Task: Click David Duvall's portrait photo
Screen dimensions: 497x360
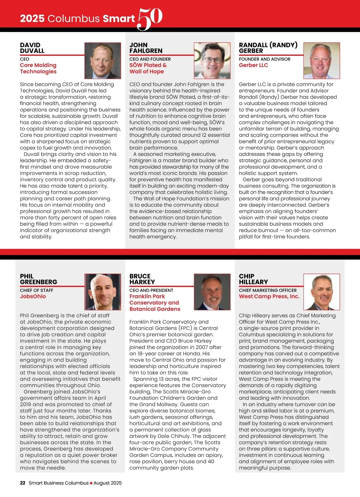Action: click(x=103, y=61)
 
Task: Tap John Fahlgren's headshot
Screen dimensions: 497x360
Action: click(x=212, y=61)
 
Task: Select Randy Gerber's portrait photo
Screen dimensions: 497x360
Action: click(x=322, y=61)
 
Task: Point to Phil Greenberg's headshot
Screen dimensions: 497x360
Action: click(x=103, y=292)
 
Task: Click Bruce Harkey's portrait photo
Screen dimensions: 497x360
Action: click(x=212, y=292)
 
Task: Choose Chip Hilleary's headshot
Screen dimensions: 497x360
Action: click(x=322, y=292)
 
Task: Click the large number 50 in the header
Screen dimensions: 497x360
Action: click(x=150, y=19)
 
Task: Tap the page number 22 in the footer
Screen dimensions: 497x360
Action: click(x=22, y=483)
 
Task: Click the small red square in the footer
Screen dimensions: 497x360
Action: click(x=91, y=483)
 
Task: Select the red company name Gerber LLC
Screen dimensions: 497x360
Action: click(x=253, y=65)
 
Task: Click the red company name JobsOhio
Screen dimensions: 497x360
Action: click(x=33, y=296)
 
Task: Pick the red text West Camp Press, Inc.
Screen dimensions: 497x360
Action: click(x=269, y=296)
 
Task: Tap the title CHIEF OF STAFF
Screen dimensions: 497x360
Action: click(x=37, y=290)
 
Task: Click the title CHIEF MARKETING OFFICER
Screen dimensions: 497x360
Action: click(x=268, y=290)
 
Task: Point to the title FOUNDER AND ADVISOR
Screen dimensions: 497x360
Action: click(x=265, y=59)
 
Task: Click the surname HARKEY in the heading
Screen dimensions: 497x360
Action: click(x=142, y=282)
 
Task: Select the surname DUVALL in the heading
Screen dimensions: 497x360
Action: click(x=32, y=51)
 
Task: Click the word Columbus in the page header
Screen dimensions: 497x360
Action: click(x=73, y=19)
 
